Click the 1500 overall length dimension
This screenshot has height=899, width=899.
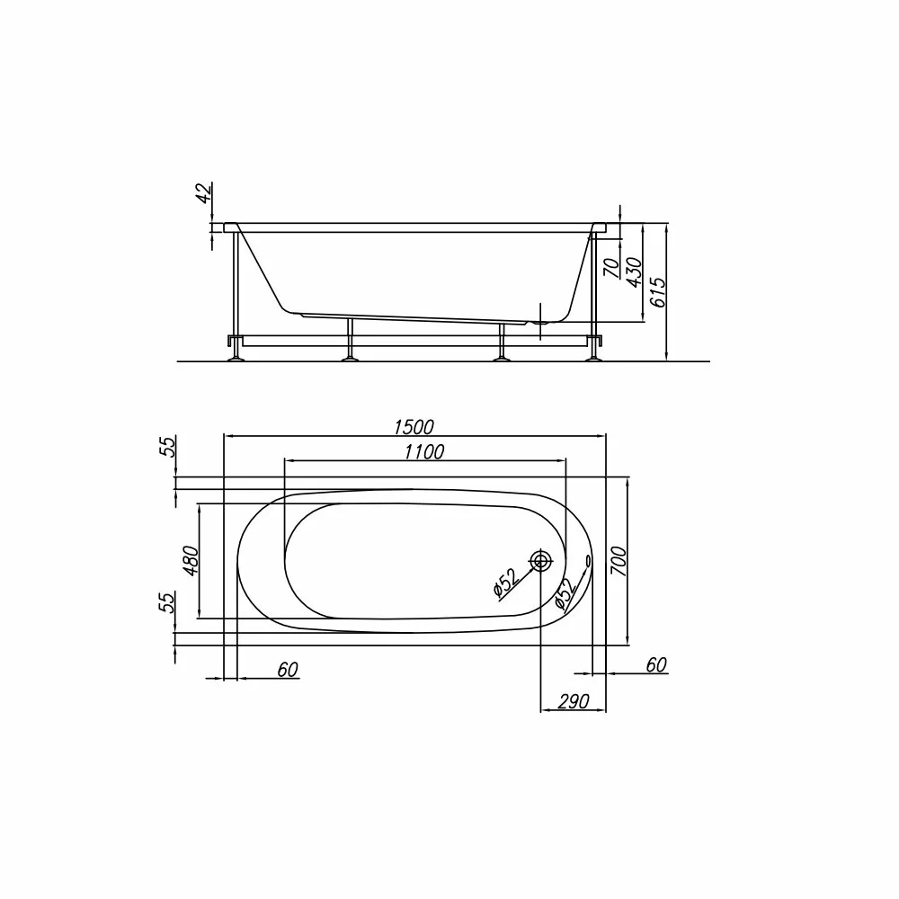coord(414,427)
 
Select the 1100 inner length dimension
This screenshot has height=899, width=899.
coord(424,452)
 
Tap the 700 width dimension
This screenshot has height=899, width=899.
coord(619,562)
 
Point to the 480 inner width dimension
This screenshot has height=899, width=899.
coord(191,561)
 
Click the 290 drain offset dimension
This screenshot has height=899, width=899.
coord(574,701)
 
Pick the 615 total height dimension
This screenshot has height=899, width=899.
coord(659,292)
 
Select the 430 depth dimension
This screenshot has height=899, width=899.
coord(635,271)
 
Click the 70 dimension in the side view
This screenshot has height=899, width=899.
coord(613,267)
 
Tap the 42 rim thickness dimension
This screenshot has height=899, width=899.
coord(204,192)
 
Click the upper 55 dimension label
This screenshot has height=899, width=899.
coord(166,446)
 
